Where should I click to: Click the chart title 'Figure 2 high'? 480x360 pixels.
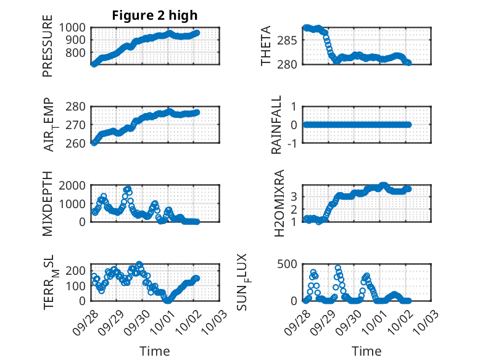coord(155,15)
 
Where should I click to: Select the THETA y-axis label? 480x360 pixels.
coord(266,46)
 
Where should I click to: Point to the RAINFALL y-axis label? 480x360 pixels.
coord(277,125)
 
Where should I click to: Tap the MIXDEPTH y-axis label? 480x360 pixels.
coord(48,204)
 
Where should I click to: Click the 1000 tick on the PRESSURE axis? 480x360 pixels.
coord(74,28)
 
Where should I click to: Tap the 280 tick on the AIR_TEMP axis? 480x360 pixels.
coord(77,106)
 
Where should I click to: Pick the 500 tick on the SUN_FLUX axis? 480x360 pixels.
coord(292,264)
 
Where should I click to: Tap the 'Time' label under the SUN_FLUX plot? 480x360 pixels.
coord(366,351)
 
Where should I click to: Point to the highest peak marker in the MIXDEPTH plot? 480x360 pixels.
coord(128,189)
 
